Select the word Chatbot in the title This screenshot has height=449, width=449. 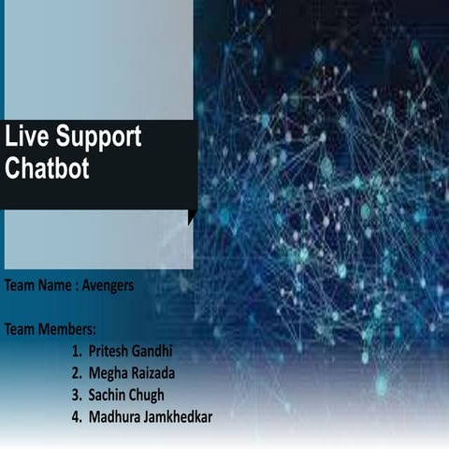44,170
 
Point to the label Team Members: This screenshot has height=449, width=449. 51,329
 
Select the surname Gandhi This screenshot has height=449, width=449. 154,352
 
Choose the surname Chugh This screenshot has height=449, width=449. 155,395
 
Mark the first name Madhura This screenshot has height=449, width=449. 117,416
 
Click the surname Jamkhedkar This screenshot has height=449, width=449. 181,416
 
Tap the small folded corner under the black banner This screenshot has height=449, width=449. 192,217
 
